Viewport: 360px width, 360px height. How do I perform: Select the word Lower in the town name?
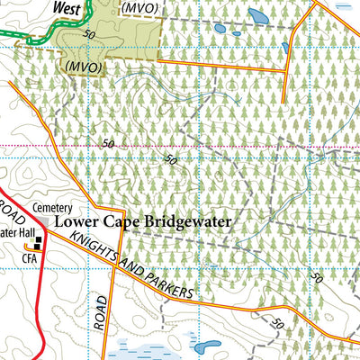coord(73,220)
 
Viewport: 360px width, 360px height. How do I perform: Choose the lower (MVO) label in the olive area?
coord(83,67)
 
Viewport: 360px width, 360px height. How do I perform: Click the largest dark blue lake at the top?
coord(257,16)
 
